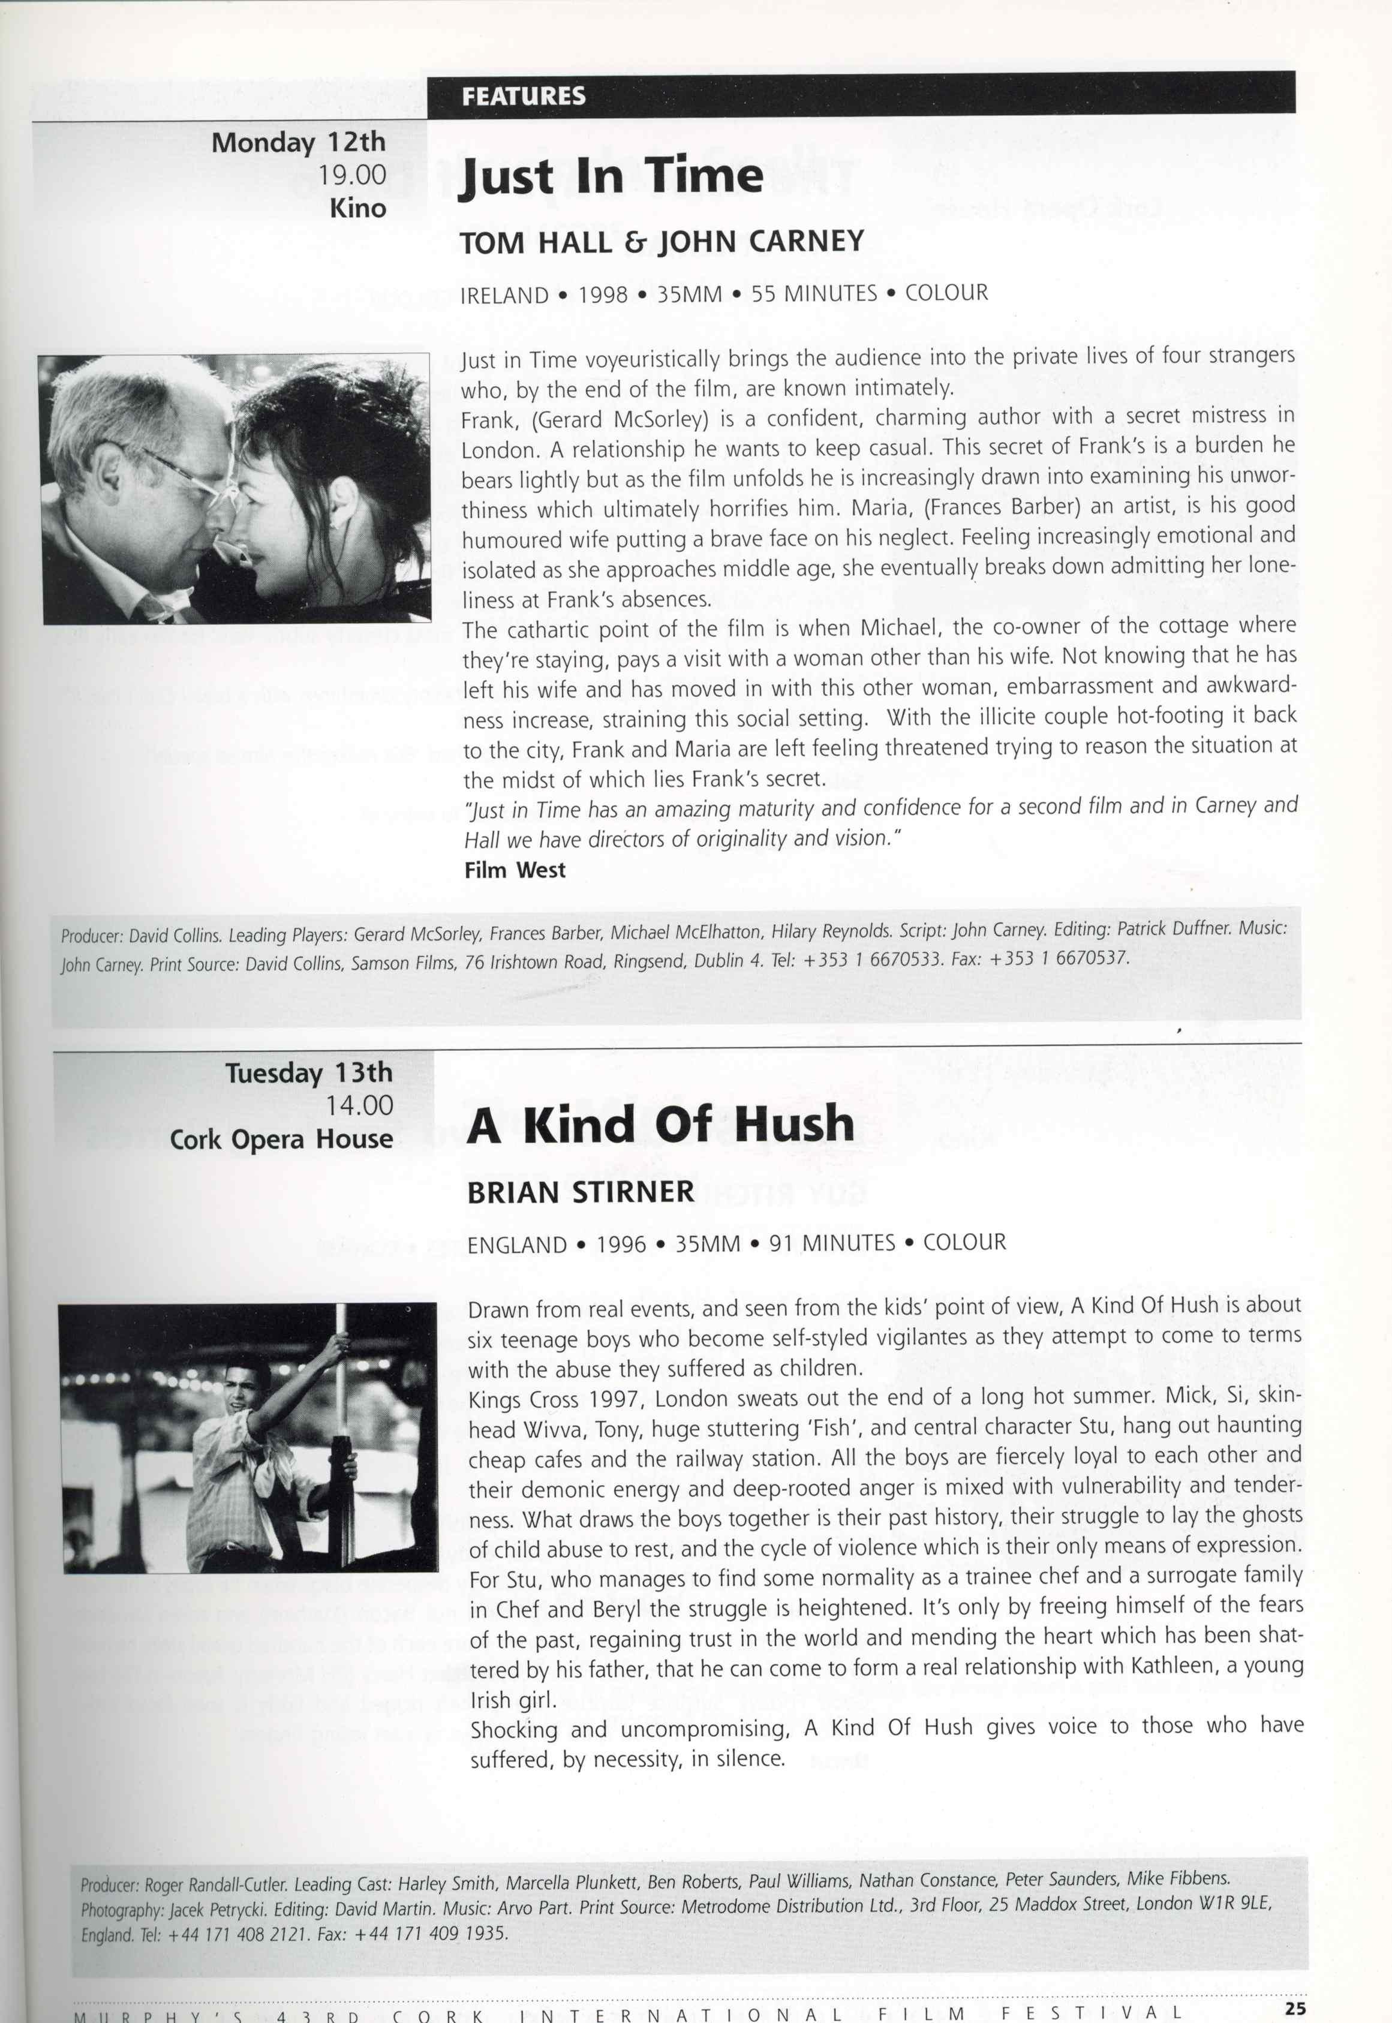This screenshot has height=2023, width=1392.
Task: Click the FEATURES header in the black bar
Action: tap(524, 96)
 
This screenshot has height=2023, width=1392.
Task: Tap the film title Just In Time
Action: tap(611, 177)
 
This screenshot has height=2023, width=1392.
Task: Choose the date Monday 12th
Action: tap(298, 142)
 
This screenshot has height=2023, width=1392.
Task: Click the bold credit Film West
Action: tap(515, 870)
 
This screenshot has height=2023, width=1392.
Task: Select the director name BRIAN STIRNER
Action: tap(580, 1192)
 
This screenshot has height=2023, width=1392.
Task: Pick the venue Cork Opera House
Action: tap(281, 1140)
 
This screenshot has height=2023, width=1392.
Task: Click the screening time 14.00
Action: tap(359, 1106)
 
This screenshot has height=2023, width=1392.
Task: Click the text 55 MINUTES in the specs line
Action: tap(814, 294)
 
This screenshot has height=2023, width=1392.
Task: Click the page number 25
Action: tap(1295, 2006)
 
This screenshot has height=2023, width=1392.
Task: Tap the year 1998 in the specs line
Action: tap(603, 294)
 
